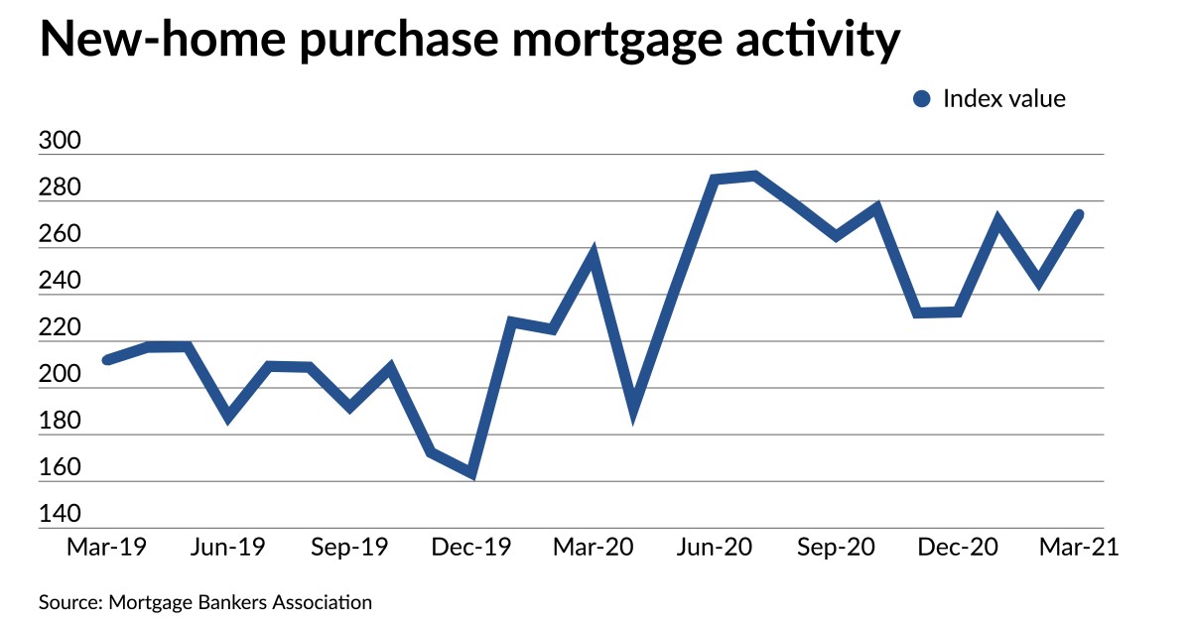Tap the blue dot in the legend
coord(922,99)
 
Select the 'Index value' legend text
coord(1003,99)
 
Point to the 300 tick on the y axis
coord(59,142)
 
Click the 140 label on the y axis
coord(59,516)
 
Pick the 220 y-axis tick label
coord(59,328)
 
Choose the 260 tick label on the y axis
coord(59,235)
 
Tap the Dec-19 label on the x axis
coord(471,549)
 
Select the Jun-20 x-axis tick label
coord(715,549)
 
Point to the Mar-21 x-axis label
coord(1078,549)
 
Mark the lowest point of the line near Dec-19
coord(470,474)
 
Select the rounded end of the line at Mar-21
coord(1077,214)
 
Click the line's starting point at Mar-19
coord(107,359)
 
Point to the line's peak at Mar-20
coord(593,255)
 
